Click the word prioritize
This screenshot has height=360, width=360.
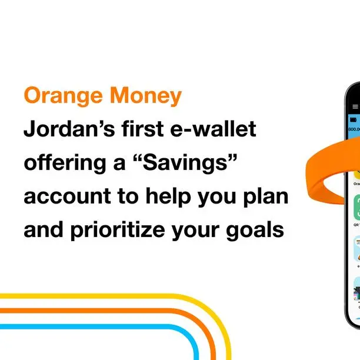point(122,231)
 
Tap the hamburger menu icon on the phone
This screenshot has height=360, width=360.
point(355,106)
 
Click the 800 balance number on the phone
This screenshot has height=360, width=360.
point(354,129)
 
